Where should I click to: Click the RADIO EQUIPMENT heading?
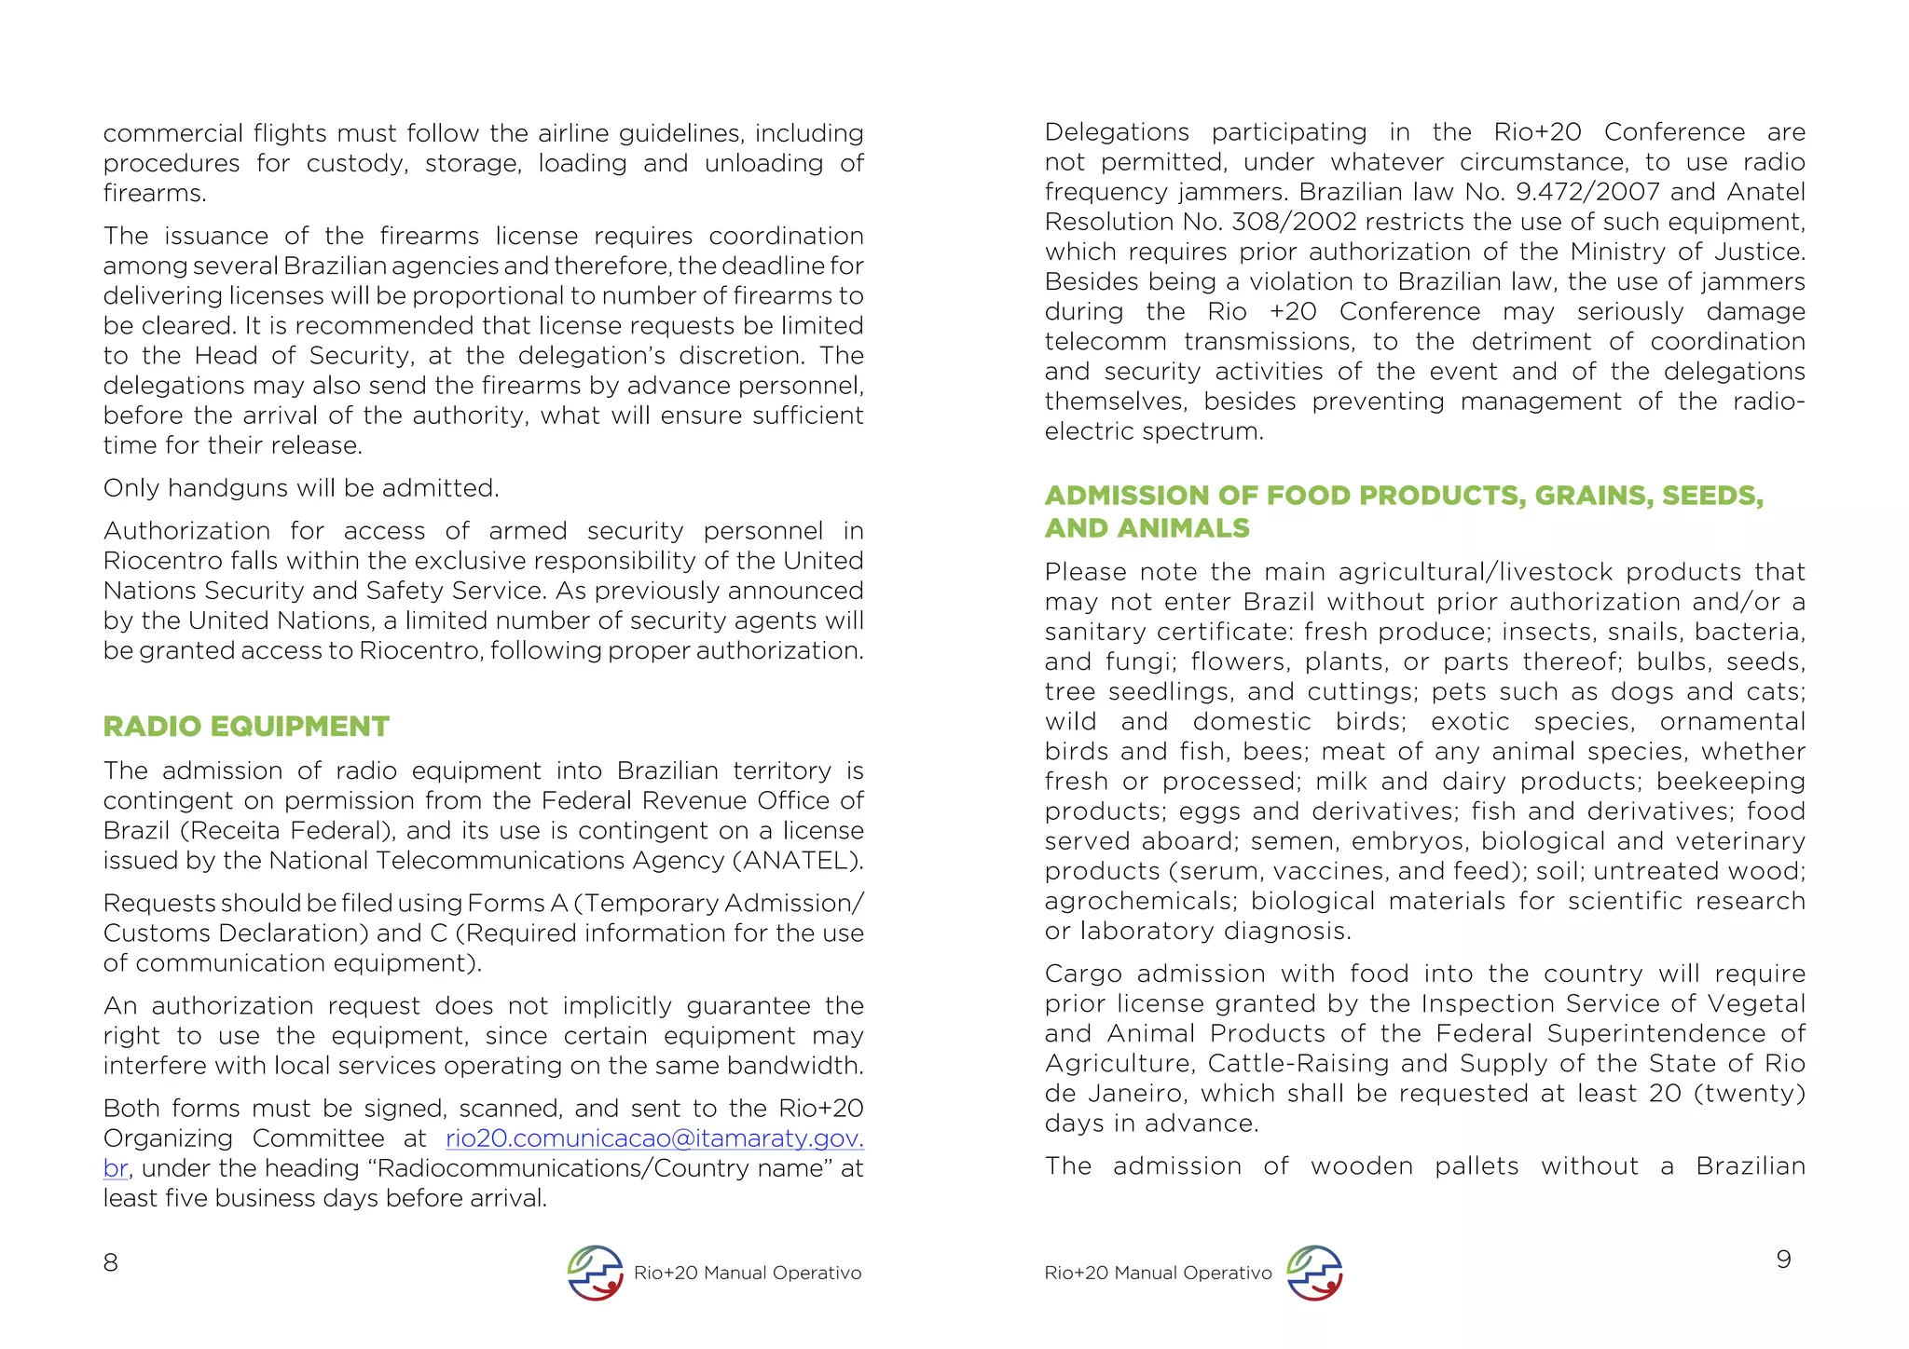246,727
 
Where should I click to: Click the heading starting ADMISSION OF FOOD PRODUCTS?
1403,496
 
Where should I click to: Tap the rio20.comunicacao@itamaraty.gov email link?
654,1138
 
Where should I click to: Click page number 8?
110,1262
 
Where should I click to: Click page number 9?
1783,1260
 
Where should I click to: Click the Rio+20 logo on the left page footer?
595,1273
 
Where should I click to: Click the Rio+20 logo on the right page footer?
1314,1273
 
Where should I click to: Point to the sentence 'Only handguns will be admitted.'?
301,488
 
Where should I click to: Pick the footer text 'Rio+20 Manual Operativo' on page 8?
748,1273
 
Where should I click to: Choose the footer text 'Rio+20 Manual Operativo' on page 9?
1158,1273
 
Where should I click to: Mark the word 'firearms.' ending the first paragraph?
155,194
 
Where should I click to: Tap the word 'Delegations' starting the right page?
1117,132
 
